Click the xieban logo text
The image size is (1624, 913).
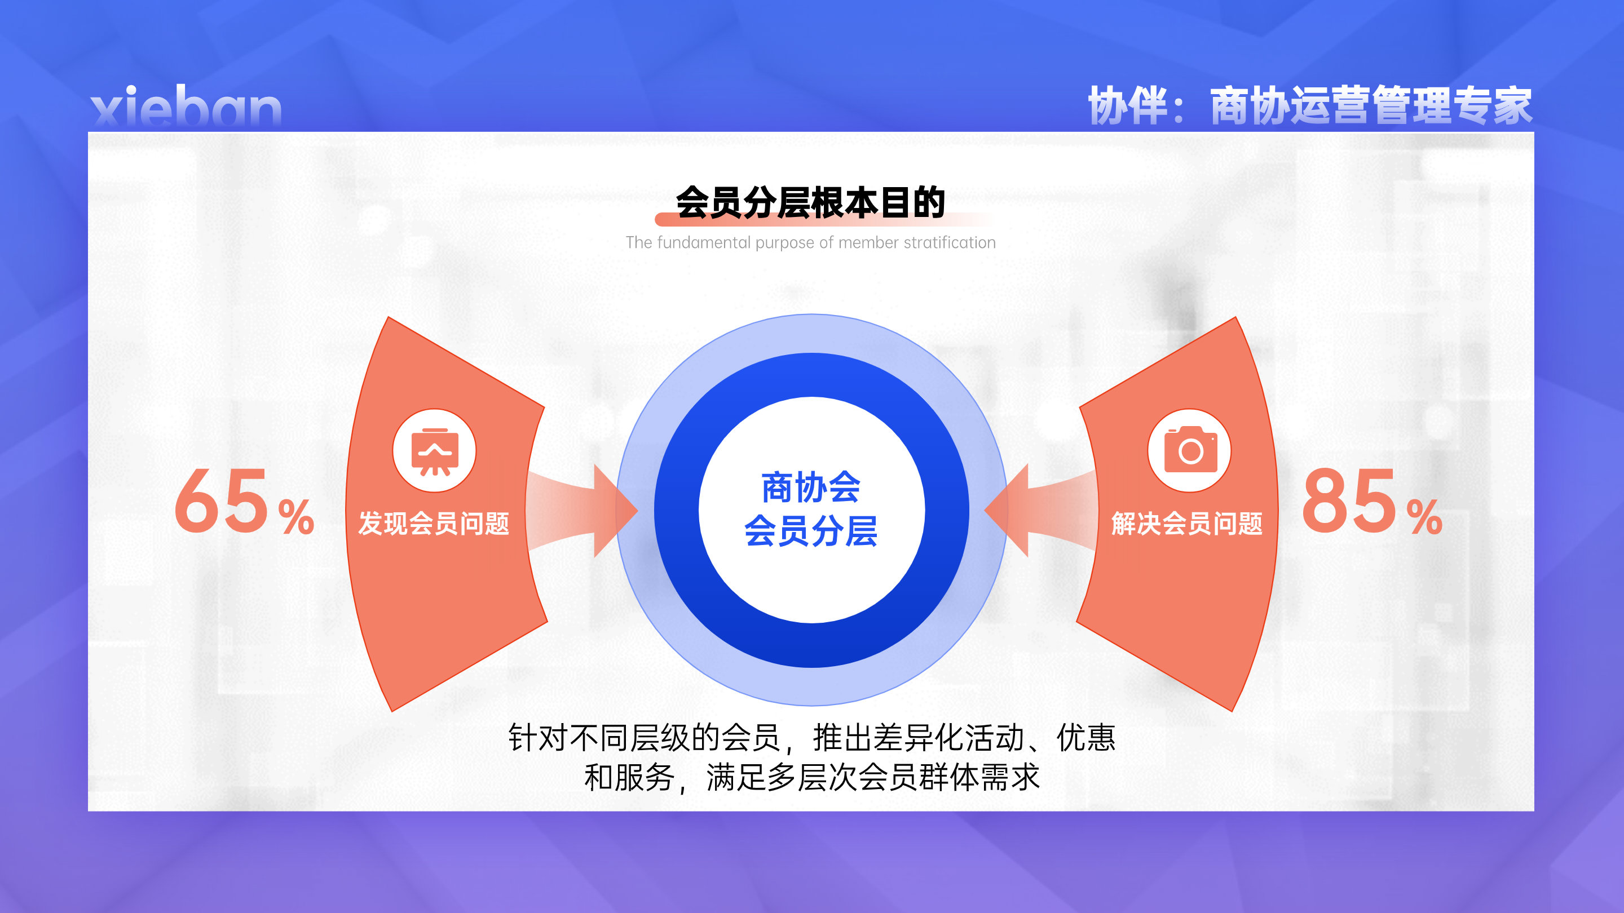(x=186, y=106)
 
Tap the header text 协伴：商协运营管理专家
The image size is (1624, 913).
(x=1310, y=105)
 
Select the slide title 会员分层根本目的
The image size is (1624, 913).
(x=810, y=202)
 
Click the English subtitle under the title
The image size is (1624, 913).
(x=811, y=242)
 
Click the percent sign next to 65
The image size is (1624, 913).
(x=296, y=517)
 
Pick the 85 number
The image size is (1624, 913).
(x=1350, y=502)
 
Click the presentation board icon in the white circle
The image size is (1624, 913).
(x=434, y=451)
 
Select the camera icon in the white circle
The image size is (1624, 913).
(x=1190, y=449)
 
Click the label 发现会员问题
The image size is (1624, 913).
(x=434, y=524)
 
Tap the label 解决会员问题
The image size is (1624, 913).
(x=1186, y=524)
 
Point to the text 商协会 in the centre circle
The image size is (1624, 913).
(x=811, y=487)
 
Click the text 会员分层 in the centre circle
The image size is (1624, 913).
(x=811, y=530)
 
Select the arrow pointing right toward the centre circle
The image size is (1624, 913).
(x=582, y=511)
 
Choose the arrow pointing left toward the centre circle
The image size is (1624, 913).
(x=1040, y=511)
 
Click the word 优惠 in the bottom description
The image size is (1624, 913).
(x=1086, y=737)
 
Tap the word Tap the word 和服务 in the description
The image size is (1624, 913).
(x=630, y=777)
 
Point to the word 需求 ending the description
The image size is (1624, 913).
(x=1010, y=777)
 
